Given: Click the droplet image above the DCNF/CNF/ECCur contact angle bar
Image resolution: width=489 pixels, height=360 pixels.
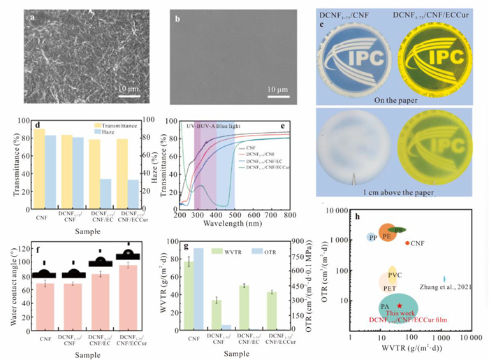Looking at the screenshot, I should pos(127,254).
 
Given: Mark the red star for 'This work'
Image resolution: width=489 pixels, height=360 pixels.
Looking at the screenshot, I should pos(399,305).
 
